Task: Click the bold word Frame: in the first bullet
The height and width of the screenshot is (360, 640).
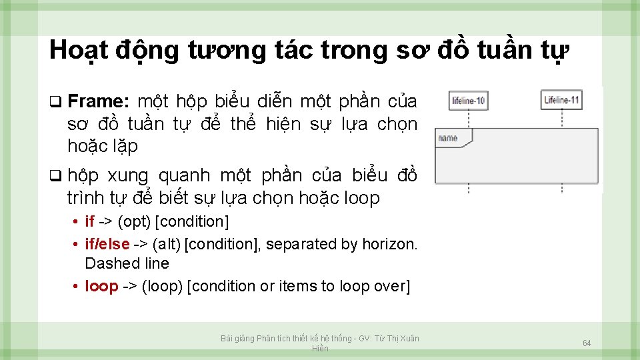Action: point(98,102)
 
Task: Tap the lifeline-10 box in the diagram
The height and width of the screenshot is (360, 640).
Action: point(468,101)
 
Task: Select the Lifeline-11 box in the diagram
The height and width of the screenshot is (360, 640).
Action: point(561,100)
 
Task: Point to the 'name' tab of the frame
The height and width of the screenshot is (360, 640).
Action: point(449,138)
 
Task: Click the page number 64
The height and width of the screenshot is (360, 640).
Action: point(587,343)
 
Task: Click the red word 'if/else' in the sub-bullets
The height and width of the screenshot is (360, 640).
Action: point(107,244)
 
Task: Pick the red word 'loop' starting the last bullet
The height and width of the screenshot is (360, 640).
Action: point(101,286)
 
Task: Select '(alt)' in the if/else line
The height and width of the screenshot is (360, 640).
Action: point(165,244)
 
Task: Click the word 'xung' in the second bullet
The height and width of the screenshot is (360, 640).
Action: point(129,176)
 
